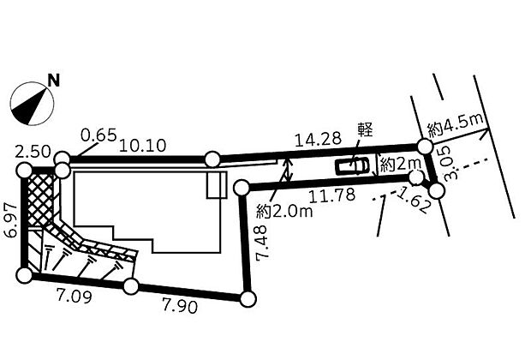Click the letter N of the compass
(x=53, y=81)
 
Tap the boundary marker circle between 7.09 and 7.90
(x=130, y=286)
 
